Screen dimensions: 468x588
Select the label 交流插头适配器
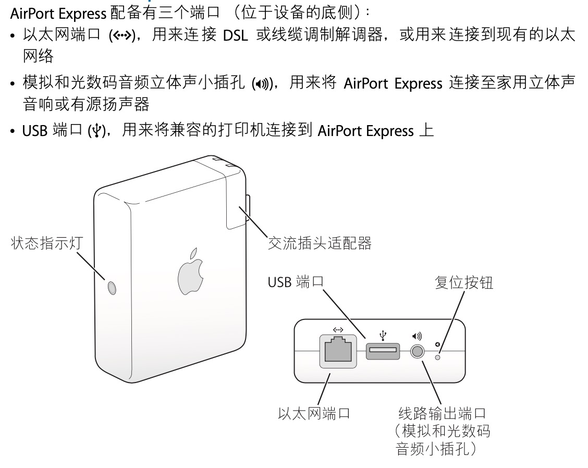pyautogui.click(x=320, y=243)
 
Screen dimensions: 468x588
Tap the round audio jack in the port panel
pyautogui.click(x=416, y=352)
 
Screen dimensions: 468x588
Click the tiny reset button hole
pyautogui.click(x=438, y=356)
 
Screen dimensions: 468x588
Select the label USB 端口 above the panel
pyautogui.click(x=296, y=282)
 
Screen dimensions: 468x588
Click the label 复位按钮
pyautogui.click(x=463, y=282)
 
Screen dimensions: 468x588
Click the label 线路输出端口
pyautogui.click(x=442, y=414)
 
